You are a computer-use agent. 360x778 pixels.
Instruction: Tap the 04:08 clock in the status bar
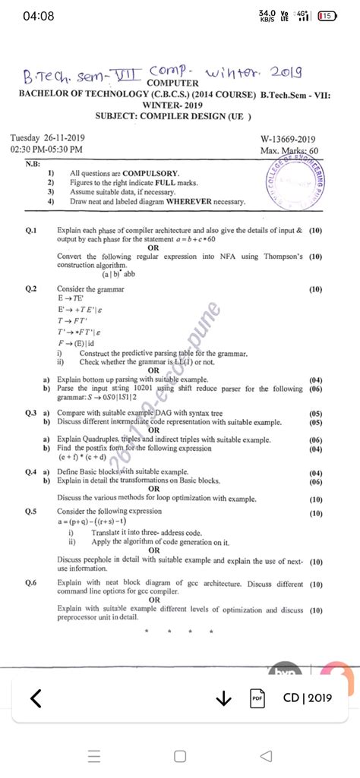point(39,16)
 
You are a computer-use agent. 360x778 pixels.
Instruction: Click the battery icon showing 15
point(328,16)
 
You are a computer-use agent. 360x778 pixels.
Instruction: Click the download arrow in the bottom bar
point(223,698)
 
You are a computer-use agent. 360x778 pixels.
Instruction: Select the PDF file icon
point(257,698)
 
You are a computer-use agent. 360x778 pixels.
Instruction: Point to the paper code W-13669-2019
point(288,140)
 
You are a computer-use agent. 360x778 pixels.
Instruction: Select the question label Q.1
point(31,229)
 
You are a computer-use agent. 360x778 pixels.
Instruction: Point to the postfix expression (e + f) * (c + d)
point(95,458)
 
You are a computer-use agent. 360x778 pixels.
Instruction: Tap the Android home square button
point(180,754)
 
